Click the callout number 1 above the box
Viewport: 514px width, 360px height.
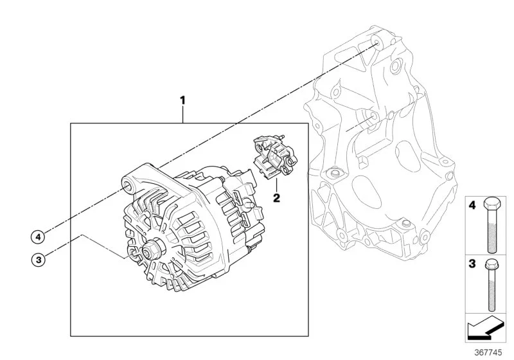click(183, 100)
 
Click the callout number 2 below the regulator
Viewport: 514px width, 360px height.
click(277, 198)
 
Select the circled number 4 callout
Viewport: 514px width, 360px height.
click(38, 237)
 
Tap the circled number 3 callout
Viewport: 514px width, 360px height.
click(39, 260)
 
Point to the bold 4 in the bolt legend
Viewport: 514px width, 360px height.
click(472, 206)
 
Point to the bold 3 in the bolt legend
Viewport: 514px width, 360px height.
click(472, 264)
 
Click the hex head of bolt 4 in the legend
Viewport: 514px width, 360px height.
click(492, 204)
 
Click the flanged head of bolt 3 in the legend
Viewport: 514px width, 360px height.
click(491, 264)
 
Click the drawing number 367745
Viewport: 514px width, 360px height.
click(488, 352)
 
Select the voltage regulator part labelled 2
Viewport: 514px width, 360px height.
click(275, 157)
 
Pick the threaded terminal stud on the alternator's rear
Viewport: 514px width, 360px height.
click(249, 204)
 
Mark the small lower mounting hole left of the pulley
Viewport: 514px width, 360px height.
click(132, 252)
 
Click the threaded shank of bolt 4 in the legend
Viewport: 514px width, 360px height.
click(492, 231)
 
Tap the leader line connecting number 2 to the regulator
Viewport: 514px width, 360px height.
click(276, 186)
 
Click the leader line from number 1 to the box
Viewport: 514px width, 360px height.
click(183, 114)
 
